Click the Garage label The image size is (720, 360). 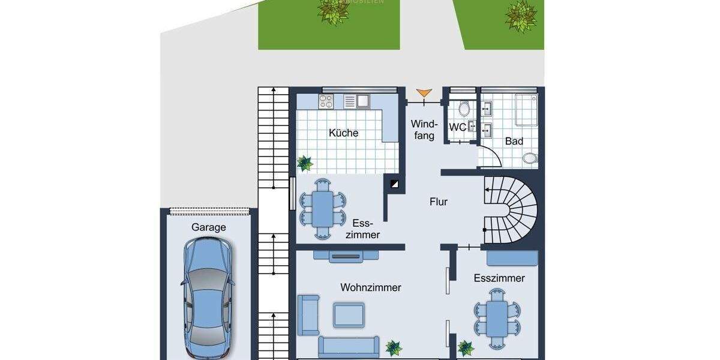208,227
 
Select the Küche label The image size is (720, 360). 343,133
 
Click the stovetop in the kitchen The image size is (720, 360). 327,101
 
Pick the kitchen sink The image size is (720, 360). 362,101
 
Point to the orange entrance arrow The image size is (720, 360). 424,93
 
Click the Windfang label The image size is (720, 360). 422,130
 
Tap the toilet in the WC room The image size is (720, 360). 463,109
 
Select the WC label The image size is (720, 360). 458,127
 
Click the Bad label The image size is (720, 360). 514,142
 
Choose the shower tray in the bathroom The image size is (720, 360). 526,109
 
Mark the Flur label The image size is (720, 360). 439,202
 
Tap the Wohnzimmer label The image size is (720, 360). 370,288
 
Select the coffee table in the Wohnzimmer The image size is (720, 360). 349,314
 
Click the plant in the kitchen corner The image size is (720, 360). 305,162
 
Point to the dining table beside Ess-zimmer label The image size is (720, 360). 323,208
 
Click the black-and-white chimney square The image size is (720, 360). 394,184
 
